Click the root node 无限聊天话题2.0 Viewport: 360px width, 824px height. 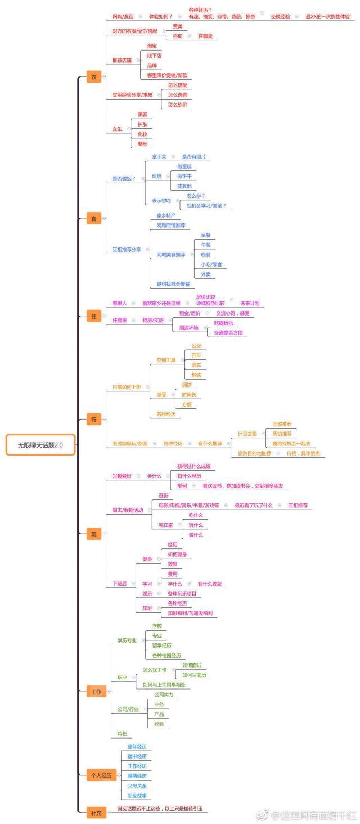40,445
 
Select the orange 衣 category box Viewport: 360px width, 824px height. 93,78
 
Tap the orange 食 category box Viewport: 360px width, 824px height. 93,219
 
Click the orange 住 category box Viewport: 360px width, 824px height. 94,316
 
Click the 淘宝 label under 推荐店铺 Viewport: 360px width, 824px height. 152,46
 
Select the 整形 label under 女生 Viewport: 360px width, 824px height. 143,144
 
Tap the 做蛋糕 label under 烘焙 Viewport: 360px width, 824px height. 184,167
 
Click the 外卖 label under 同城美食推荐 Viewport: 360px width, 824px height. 206,274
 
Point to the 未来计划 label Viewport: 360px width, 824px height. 250,303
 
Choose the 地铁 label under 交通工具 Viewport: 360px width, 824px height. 196,375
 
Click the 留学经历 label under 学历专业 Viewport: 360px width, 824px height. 161,646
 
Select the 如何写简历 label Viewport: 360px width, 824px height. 194,675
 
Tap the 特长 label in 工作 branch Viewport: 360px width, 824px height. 122,733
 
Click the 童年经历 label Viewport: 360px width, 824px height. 137,746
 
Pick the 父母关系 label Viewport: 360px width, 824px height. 137,786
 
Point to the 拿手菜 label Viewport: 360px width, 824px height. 159,157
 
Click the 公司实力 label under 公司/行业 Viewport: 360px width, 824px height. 164,695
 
